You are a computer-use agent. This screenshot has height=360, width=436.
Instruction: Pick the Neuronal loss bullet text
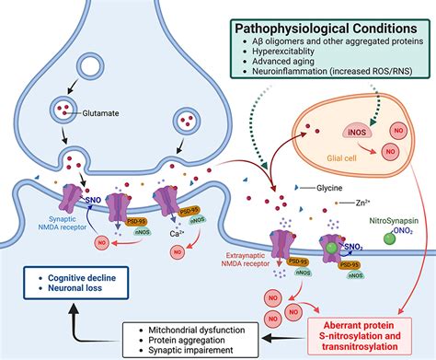(71, 288)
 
